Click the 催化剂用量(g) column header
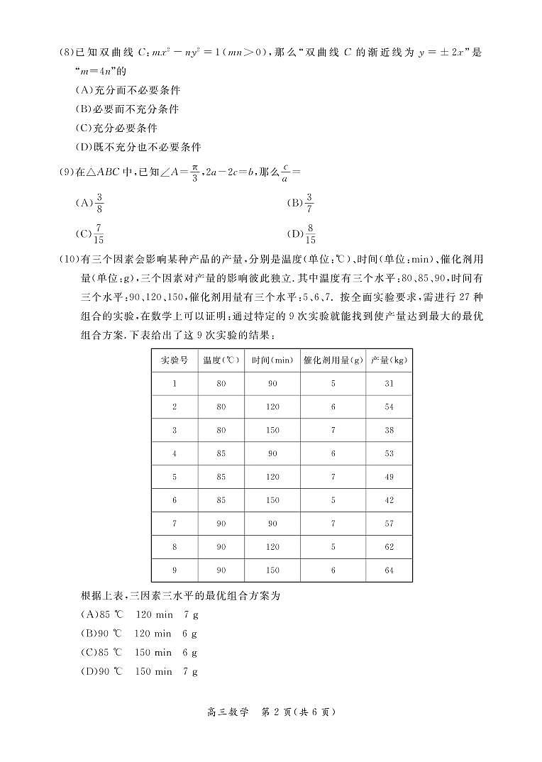tap(333, 360)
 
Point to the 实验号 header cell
tap(175, 360)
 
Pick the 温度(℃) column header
tap(221, 360)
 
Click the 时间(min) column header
tap(272, 360)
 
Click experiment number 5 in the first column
tap(175, 477)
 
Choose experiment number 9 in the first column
tap(175, 570)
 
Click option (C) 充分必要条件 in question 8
tap(116, 128)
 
